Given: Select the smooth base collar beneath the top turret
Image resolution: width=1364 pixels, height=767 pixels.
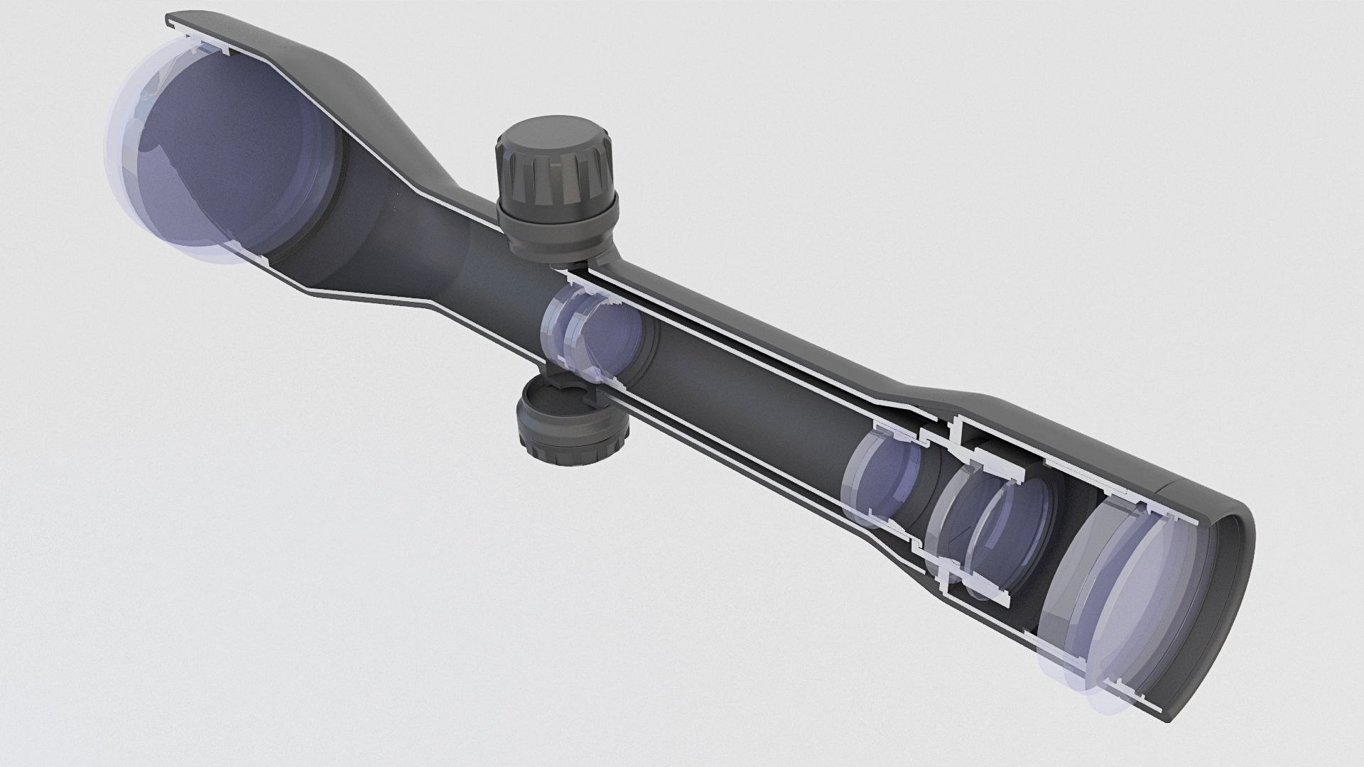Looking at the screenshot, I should (x=558, y=231).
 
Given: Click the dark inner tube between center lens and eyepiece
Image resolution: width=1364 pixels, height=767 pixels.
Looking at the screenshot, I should (x=746, y=398).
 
